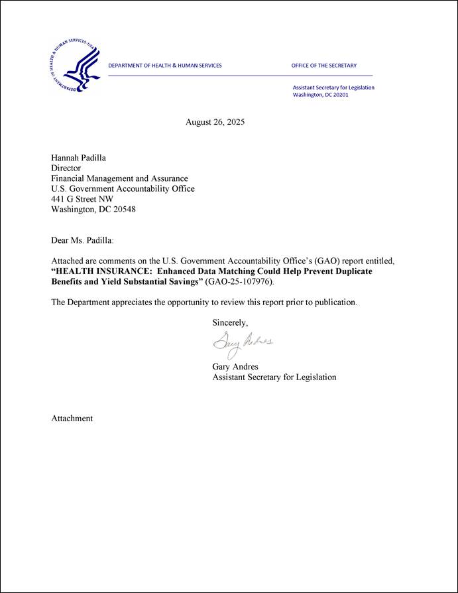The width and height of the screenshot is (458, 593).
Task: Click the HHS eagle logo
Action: [x=74, y=65]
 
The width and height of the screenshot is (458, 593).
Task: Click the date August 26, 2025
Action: [x=215, y=122]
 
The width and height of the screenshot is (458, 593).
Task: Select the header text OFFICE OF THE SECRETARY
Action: [x=323, y=66]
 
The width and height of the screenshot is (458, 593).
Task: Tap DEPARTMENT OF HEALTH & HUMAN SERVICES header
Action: [x=165, y=66]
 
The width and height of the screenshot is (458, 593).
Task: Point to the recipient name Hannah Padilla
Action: [x=79, y=157]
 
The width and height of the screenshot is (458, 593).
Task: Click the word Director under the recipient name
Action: [x=66, y=168]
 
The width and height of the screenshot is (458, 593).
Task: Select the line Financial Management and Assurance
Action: [x=119, y=178]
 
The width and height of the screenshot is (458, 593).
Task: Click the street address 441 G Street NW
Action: [x=82, y=199]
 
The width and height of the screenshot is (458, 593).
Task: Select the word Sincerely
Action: [x=229, y=323]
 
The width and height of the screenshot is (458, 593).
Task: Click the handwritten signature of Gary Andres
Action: [x=242, y=343]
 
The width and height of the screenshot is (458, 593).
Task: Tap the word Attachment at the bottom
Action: [x=72, y=419]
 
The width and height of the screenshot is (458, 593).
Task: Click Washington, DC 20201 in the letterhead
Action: [x=320, y=95]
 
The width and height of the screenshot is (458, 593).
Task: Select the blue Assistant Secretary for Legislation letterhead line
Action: [x=333, y=88]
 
